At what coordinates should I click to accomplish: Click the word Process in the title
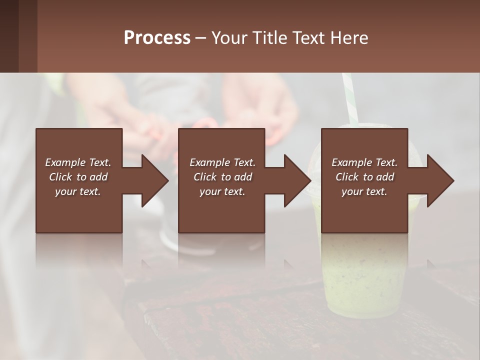coord(157,38)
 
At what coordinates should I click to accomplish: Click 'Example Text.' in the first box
coord(78,162)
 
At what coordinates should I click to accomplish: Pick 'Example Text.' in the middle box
coord(222,162)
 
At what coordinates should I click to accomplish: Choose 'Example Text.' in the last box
coord(364,162)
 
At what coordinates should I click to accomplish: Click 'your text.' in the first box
coord(78,191)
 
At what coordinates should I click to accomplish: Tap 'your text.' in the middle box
coord(222,191)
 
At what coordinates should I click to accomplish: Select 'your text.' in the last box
coord(364,191)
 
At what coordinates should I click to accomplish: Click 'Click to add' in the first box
coord(78,177)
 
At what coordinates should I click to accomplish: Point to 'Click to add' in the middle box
coord(222,177)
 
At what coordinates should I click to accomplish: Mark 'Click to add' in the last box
coord(364,177)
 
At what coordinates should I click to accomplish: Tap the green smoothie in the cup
coord(360,280)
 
